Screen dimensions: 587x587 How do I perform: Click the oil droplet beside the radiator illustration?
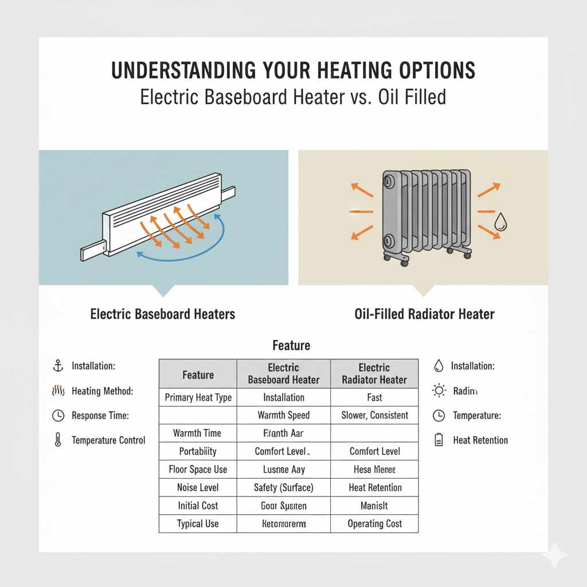pyautogui.click(x=500, y=223)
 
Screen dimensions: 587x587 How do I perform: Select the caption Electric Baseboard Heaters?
pyautogui.click(x=162, y=314)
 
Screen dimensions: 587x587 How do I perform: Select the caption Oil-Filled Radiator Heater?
pyautogui.click(x=425, y=314)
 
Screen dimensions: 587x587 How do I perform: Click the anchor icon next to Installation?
pyautogui.click(x=57, y=365)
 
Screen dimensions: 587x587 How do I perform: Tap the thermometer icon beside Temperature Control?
pyautogui.click(x=57, y=441)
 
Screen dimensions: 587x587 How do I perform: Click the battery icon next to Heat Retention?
pyautogui.click(x=439, y=440)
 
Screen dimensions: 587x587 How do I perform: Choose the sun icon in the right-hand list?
pyautogui.click(x=439, y=391)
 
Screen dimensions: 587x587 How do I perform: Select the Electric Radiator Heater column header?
pyautogui.click(x=374, y=374)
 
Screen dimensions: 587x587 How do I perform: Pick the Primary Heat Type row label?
pyautogui.click(x=198, y=397)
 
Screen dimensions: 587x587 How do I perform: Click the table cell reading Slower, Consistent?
pyautogui.click(x=374, y=415)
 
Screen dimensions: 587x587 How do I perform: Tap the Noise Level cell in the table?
pyautogui.click(x=198, y=488)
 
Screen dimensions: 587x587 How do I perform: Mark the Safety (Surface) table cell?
pyautogui.click(x=284, y=488)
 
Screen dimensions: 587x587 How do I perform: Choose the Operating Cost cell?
pyautogui.click(x=374, y=524)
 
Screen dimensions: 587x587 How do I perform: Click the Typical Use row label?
pyautogui.click(x=198, y=524)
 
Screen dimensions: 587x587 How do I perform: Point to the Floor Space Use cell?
pyautogui.click(x=198, y=469)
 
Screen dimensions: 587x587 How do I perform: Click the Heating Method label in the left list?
pyautogui.click(x=102, y=392)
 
